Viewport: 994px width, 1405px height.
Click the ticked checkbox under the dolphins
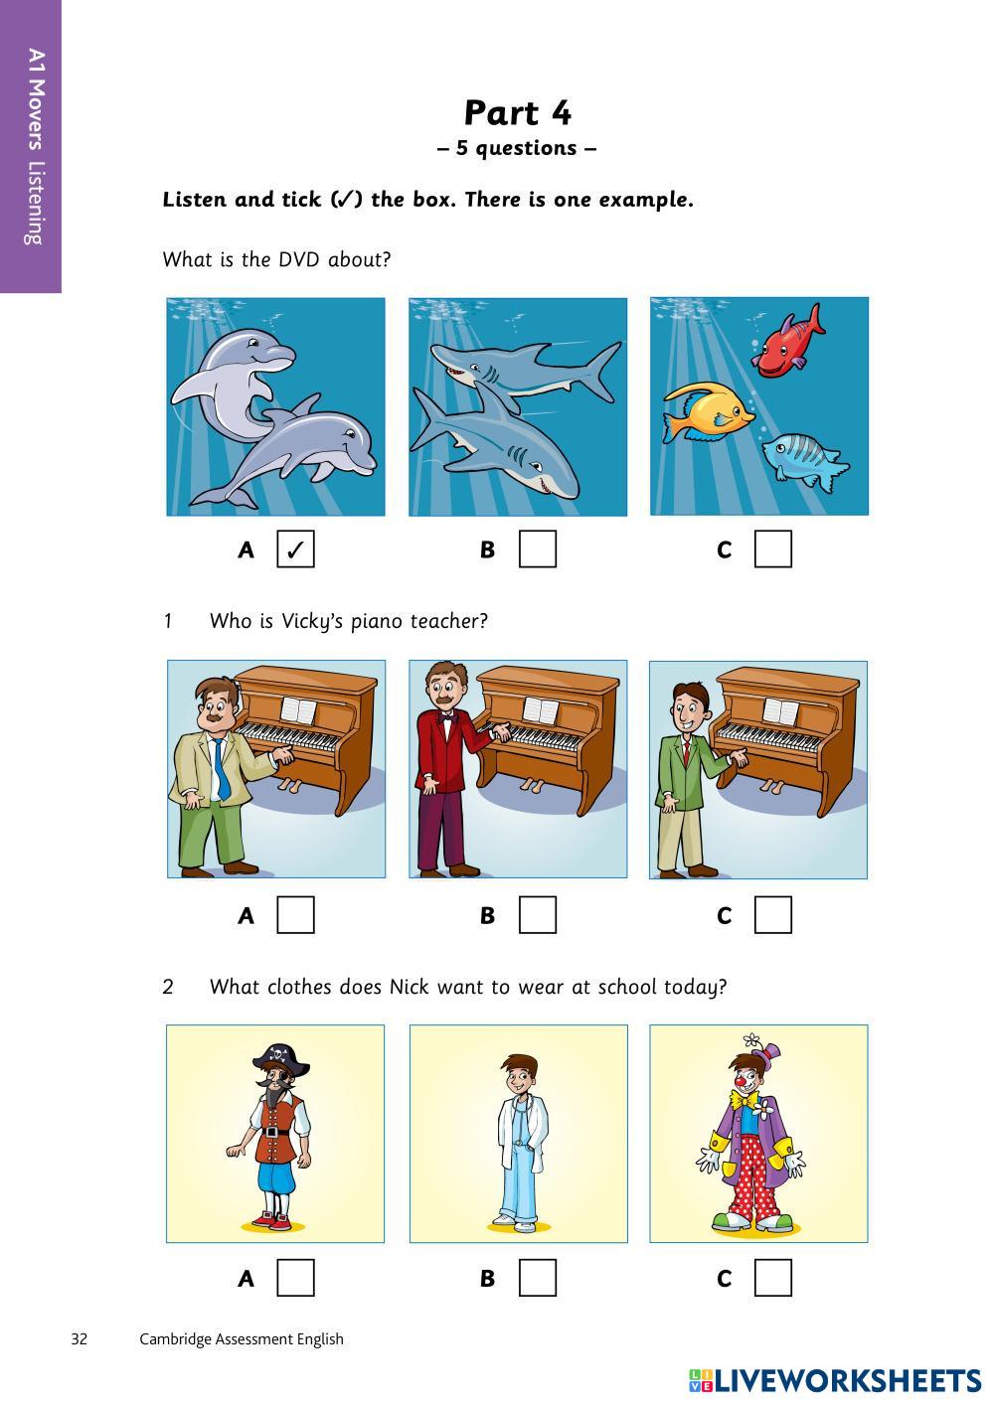(295, 548)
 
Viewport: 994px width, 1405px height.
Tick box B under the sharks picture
(537, 548)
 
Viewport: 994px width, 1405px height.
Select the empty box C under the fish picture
(772, 548)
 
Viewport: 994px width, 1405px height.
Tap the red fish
(788, 342)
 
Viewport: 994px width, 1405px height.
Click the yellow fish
(709, 412)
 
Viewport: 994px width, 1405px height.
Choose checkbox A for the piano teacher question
(295, 915)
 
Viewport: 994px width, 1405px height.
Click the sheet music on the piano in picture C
(780, 711)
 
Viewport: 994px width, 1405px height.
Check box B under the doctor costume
(537, 1278)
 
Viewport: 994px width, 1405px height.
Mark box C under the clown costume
(772, 1278)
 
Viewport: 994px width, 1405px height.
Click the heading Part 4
(518, 113)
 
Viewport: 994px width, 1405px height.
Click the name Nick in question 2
(410, 987)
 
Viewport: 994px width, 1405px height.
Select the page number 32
(80, 1339)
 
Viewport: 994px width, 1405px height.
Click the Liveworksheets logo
(835, 1380)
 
